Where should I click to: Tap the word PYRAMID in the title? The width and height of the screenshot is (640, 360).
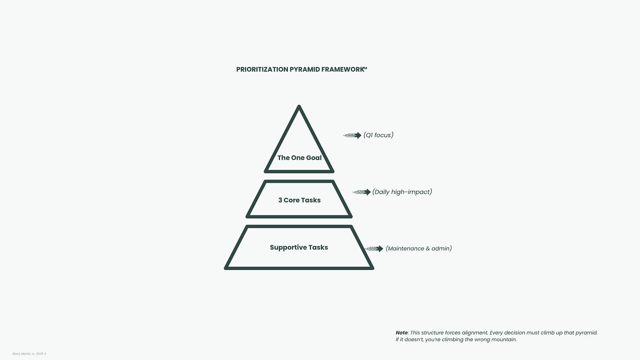[305, 69]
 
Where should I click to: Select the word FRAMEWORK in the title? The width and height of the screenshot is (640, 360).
[342, 69]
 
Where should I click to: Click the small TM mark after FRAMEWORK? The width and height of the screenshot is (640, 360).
[365, 68]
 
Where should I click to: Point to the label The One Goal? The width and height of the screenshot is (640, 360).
[299, 158]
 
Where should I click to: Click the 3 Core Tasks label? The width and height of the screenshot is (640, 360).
[299, 200]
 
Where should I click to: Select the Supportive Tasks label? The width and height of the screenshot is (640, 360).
[299, 247]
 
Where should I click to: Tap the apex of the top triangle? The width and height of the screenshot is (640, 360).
[299, 107]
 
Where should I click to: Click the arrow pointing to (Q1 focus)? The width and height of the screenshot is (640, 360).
[353, 135]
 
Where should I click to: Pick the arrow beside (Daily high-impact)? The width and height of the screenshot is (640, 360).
[362, 192]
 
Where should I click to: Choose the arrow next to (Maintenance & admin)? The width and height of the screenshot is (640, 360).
[375, 249]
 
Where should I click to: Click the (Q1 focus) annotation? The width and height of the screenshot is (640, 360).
[378, 135]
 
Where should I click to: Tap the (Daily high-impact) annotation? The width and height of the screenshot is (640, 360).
[402, 192]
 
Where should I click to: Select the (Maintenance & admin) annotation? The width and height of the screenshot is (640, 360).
[418, 248]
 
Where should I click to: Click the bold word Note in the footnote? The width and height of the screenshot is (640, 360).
[401, 333]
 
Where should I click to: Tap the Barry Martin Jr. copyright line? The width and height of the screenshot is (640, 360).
[29, 353]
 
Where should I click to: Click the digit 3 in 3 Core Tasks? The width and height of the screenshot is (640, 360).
[280, 200]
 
